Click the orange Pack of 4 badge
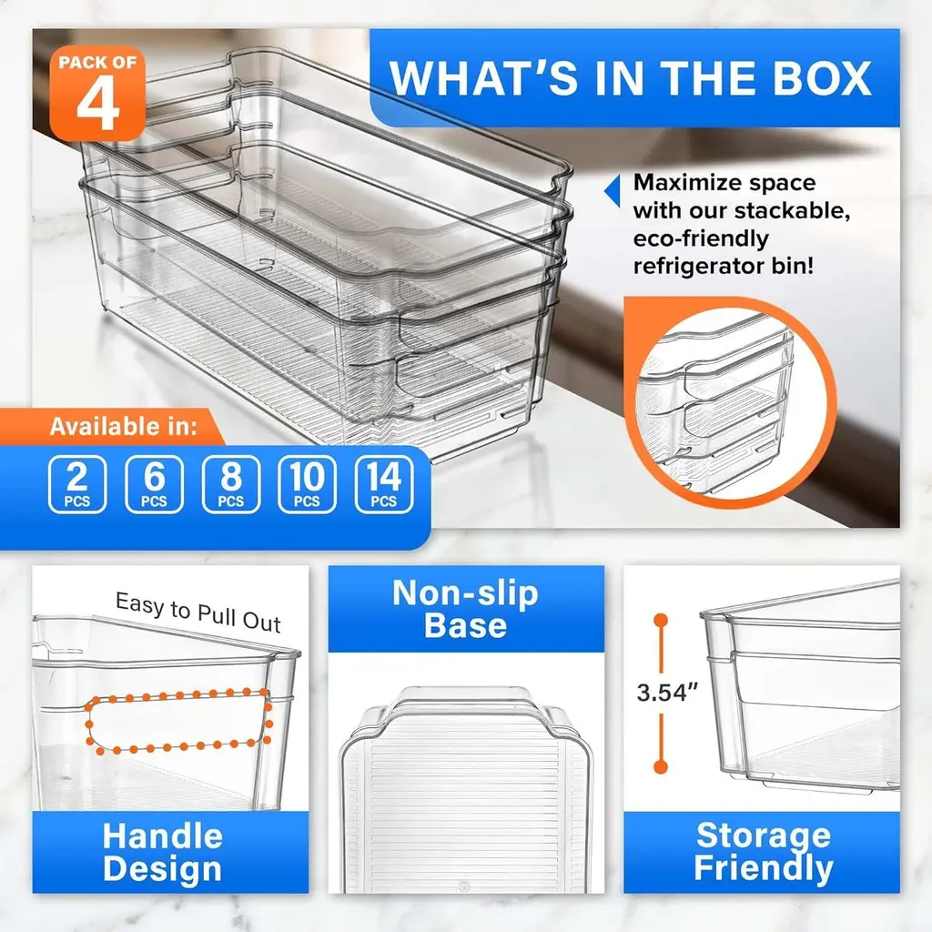(x=97, y=94)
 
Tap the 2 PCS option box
(x=77, y=484)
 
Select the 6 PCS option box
(x=154, y=484)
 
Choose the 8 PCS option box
(x=230, y=484)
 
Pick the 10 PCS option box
(x=308, y=484)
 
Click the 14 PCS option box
(x=384, y=484)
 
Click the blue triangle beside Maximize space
(x=612, y=190)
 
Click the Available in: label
(x=123, y=426)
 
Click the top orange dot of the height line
(x=661, y=621)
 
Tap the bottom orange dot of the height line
(x=661, y=766)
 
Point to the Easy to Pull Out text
(x=198, y=613)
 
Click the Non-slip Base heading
(x=465, y=609)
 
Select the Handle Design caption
(x=162, y=852)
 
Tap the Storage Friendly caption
(x=764, y=851)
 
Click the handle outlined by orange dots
(x=178, y=722)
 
